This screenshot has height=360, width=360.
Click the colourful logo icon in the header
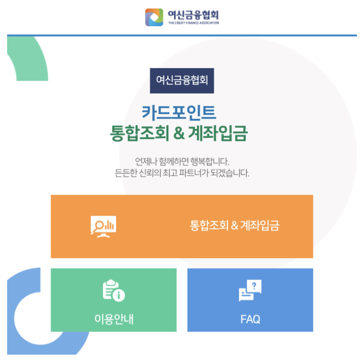click(154, 17)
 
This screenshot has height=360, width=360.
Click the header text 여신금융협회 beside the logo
click(193, 14)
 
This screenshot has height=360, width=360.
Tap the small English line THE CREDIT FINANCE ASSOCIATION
click(193, 23)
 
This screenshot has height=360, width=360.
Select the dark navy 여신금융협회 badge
click(182, 80)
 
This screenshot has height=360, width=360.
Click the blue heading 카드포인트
click(179, 112)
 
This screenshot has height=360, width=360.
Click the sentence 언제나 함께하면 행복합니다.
click(182, 161)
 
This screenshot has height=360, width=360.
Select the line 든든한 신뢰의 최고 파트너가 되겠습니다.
click(182, 172)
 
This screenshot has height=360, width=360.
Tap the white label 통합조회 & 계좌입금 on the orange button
click(234, 226)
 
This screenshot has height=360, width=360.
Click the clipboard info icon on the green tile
click(114, 291)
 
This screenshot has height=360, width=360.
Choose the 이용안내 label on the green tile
click(114, 319)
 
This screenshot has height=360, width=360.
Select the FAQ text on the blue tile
click(250, 319)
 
